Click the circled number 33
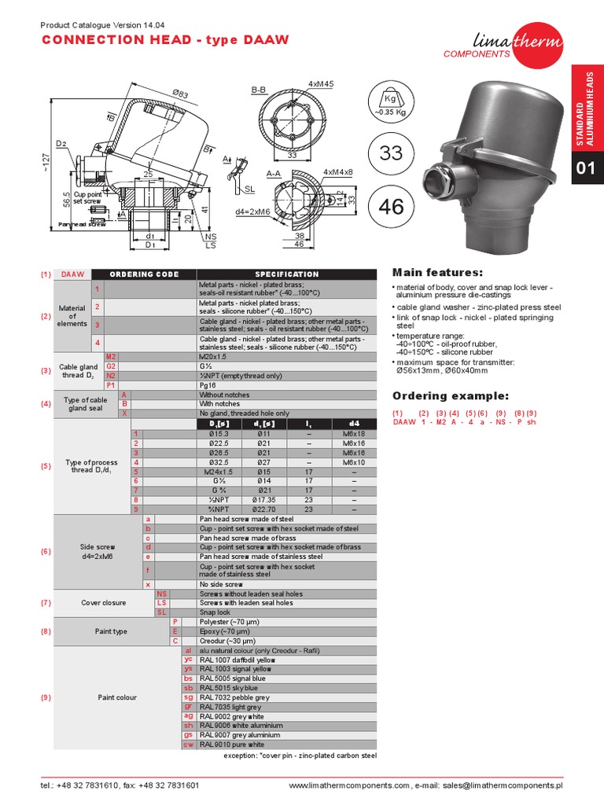(x=390, y=153)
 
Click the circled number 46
(x=390, y=206)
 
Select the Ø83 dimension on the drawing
(x=181, y=93)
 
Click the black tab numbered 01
(x=587, y=167)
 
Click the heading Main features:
(x=437, y=272)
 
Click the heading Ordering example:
(x=450, y=395)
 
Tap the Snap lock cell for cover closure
(x=215, y=612)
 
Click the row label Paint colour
(x=116, y=697)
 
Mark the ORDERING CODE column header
(x=144, y=274)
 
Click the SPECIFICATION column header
(x=286, y=274)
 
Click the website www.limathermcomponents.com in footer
(x=349, y=785)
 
